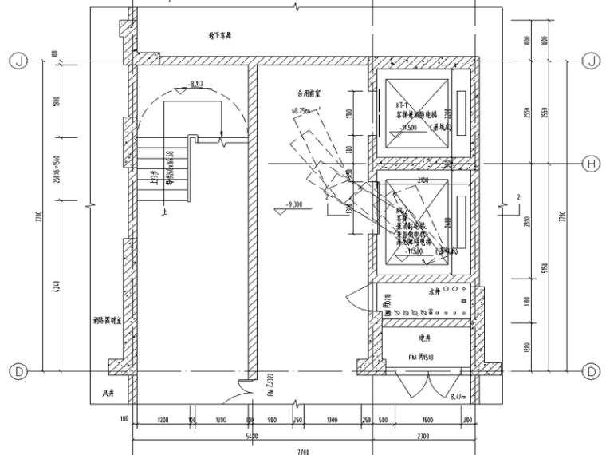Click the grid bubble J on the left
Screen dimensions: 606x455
coord(14,61)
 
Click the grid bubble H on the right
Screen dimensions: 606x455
coord(592,164)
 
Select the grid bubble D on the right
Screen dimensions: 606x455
coord(592,371)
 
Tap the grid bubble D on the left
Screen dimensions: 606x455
coord(14,371)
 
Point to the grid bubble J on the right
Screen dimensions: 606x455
coord(592,61)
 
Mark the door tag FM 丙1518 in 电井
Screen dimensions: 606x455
coord(420,358)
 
